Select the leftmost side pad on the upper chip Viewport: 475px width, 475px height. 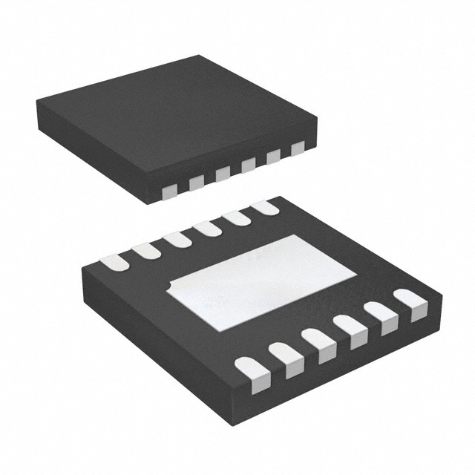(x=170, y=191)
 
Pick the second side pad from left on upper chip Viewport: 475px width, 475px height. (x=197, y=183)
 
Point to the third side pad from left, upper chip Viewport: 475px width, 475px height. (x=223, y=174)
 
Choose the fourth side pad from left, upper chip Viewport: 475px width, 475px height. (x=248, y=165)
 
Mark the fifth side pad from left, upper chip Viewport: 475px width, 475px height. (x=273, y=157)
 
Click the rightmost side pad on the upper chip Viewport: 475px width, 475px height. (x=298, y=148)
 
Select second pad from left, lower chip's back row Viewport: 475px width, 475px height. (x=146, y=251)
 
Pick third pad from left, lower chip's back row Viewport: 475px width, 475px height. (x=177, y=240)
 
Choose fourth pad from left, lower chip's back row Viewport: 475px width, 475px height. (x=207, y=229)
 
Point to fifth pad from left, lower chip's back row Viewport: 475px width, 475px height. (x=237, y=218)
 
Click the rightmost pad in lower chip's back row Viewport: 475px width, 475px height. (x=265, y=208)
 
